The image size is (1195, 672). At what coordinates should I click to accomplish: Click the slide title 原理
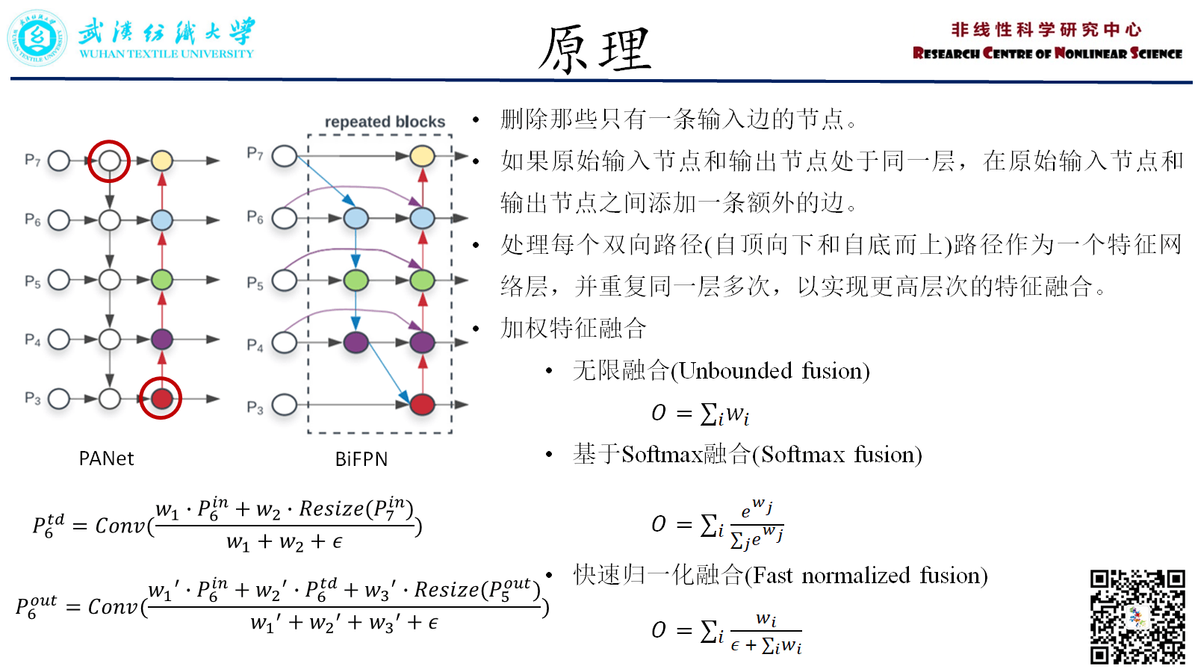click(x=595, y=49)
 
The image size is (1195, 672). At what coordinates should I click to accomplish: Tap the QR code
click(x=1137, y=617)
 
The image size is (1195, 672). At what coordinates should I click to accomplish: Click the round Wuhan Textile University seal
click(x=37, y=38)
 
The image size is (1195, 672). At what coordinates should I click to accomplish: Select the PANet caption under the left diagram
click(x=106, y=458)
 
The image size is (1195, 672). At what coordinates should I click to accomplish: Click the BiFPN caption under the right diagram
click(x=361, y=459)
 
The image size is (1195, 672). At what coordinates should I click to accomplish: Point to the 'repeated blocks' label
click(x=385, y=122)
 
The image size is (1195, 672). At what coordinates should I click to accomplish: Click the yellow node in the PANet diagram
click(x=162, y=161)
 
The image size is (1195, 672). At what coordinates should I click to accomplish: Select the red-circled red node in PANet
click(x=161, y=399)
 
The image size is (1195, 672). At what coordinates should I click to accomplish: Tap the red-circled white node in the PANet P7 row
click(x=110, y=161)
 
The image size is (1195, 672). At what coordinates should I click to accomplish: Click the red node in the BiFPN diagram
click(x=422, y=405)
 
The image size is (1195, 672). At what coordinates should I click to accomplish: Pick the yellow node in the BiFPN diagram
click(x=422, y=156)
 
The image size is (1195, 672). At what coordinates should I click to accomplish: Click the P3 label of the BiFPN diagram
click(x=255, y=408)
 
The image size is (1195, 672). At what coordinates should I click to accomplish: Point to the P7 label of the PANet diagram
click(x=32, y=160)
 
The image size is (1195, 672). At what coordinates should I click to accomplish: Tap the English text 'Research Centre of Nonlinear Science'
click(x=1047, y=54)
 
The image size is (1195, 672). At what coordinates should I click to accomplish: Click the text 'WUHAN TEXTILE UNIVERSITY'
click(x=167, y=54)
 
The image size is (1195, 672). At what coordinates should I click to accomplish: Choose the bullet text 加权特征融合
click(x=573, y=328)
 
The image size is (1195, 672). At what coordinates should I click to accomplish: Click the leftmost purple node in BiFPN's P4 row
click(x=356, y=343)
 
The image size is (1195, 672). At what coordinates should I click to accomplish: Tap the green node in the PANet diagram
click(x=162, y=280)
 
